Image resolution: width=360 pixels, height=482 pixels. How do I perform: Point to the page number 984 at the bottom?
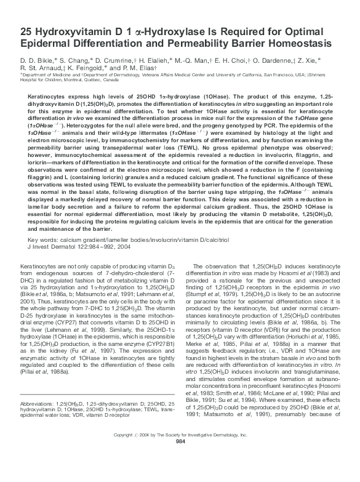[x=180, y=476]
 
